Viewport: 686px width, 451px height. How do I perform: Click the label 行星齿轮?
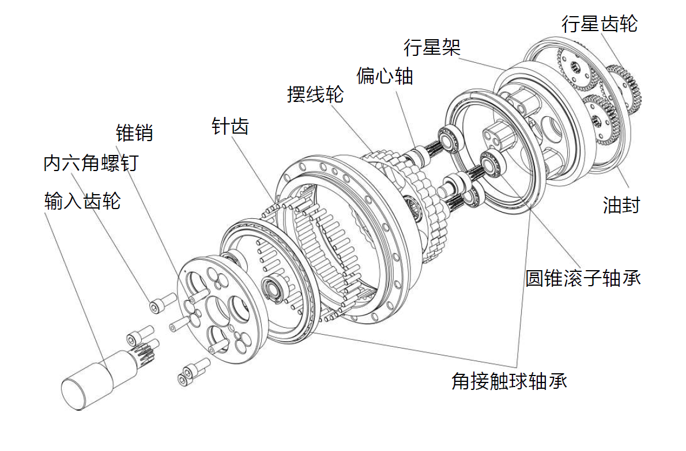(600, 24)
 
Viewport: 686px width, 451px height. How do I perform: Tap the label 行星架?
(432, 47)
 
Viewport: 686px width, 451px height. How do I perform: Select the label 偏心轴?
(385, 75)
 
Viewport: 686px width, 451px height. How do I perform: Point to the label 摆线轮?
(315, 94)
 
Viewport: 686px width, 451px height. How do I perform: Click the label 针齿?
(230, 127)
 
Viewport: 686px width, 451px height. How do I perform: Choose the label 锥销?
(134, 133)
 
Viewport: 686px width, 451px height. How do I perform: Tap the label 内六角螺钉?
(91, 163)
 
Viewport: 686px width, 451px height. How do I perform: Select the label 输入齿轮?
(82, 201)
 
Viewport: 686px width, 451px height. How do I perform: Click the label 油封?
(621, 205)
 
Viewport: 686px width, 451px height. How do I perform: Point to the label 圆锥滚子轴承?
(583, 278)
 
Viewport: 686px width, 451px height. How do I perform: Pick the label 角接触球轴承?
(509, 381)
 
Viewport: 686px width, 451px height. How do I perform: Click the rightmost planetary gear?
(625, 90)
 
